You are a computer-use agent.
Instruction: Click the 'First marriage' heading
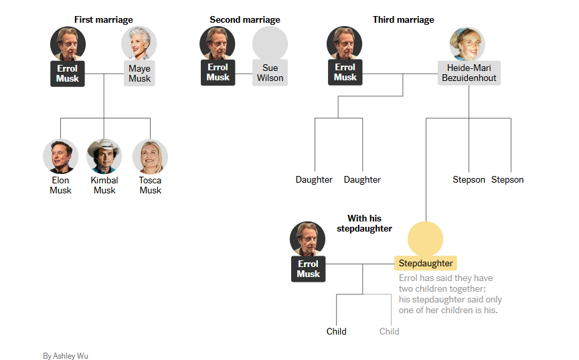tap(103, 20)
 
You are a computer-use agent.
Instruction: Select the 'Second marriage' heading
tap(245, 20)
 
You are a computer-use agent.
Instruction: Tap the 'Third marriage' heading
tap(403, 20)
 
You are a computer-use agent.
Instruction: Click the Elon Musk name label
tap(60, 185)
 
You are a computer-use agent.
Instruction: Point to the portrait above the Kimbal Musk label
tap(104, 157)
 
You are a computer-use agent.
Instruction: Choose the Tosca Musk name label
tap(150, 185)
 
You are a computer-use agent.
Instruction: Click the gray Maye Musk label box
tap(139, 74)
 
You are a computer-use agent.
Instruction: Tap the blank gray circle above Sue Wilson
tap(270, 43)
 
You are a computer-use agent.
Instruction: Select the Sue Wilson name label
tap(270, 73)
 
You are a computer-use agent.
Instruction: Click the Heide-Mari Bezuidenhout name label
tap(469, 73)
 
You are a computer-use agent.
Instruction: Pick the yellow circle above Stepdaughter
tap(426, 238)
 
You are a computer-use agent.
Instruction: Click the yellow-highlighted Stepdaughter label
tap(426, 263)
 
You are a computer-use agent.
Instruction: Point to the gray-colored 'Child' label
tap(389, 331)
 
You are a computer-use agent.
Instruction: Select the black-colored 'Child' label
tap(337, 331)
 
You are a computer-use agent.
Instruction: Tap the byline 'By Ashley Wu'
tap(65, 356)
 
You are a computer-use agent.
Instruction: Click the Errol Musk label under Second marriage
tap(218, 72)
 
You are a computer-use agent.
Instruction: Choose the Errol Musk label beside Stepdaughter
tap(308, 269)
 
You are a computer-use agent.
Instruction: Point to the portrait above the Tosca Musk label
tap(150, 157)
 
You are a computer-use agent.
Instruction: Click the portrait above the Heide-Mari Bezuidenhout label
tap(467, 43)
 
